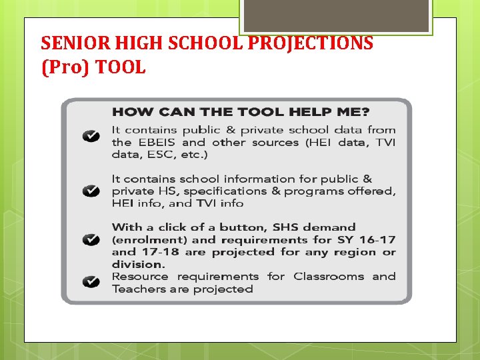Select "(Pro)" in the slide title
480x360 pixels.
tap(60, 67)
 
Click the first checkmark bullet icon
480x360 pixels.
tap(91, 137)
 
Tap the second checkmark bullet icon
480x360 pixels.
tap(91, 191)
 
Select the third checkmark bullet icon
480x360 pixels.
tap(91, 239)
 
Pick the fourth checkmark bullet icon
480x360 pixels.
tap(91, 282)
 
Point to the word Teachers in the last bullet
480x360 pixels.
tap(138, 289)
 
